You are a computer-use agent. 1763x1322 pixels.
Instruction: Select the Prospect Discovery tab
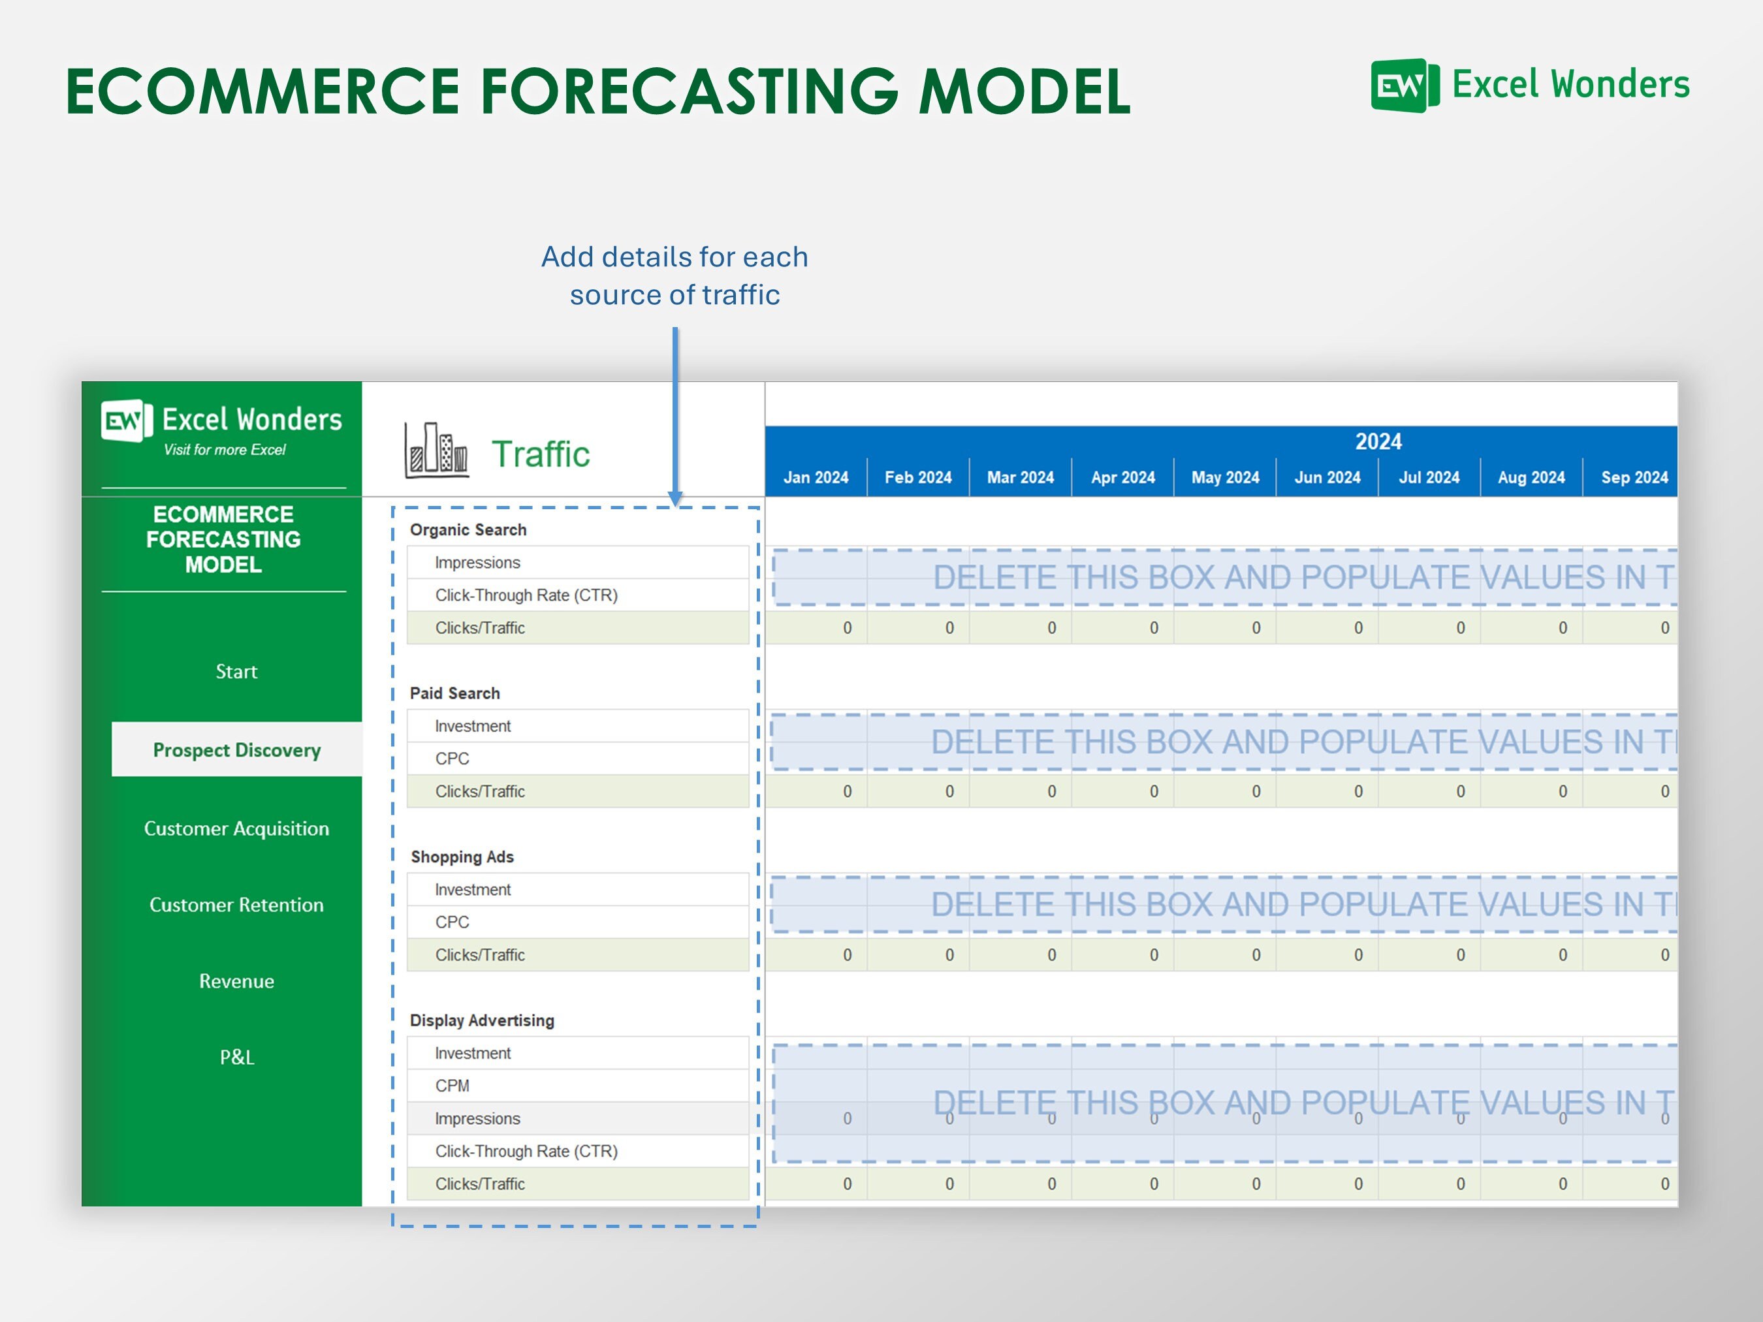[237, 750]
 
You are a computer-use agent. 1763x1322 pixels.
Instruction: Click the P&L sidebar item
[237, 1058]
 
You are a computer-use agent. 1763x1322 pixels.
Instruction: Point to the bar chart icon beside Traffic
[436, 450]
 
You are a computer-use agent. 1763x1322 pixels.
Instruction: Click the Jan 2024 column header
[816, 477]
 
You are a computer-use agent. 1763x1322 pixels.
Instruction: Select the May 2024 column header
[1225, 477]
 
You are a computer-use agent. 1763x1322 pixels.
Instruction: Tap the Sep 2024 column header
[1634, 477]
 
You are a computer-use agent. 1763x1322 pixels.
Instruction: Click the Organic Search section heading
[468, 530]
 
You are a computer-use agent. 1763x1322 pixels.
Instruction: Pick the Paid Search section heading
[454, 693]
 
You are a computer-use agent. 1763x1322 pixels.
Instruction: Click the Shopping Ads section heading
[462, 857]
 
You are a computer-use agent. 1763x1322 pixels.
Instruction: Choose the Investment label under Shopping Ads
[473, 889]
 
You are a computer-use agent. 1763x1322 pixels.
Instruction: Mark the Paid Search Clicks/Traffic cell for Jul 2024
[1429, 791]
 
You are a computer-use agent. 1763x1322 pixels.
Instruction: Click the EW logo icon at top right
[1405, 86]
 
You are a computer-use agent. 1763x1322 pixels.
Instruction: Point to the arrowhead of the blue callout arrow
[675, 499]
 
